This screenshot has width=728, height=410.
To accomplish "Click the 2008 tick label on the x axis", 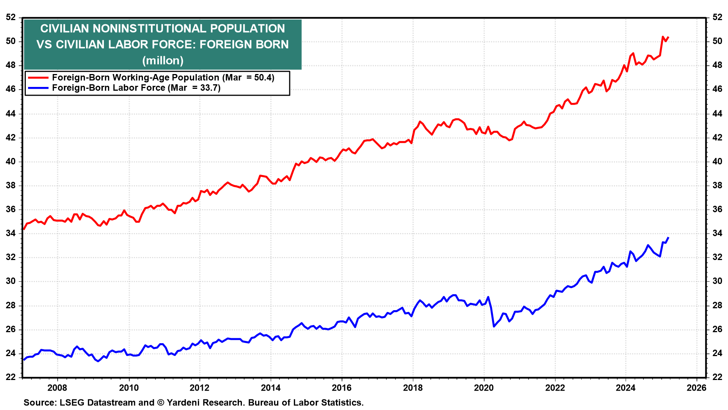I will (57, 388).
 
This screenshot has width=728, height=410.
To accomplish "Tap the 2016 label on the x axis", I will (342, 388).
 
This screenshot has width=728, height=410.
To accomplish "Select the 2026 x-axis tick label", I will (697, 388).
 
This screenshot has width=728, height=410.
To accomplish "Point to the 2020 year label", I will (484, 388).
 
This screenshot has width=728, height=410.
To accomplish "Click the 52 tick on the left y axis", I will (11, 17).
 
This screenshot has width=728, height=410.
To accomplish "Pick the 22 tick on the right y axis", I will (717, 377).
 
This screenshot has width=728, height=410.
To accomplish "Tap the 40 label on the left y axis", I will (11, 161).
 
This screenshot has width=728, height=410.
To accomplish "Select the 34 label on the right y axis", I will (717, 233).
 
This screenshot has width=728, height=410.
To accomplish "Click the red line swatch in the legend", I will (38, 77).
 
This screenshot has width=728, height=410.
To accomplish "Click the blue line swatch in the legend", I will (38, 88).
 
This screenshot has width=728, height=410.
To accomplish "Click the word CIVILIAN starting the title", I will (64, 28).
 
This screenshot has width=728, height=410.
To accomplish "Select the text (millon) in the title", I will (163, 60).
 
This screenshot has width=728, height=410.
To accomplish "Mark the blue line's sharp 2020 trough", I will (494, 326).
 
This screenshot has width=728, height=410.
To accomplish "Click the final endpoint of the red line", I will (668, 37).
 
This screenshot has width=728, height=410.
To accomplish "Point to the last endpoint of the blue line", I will (668, 238).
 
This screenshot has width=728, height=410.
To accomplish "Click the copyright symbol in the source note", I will (160, 402).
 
